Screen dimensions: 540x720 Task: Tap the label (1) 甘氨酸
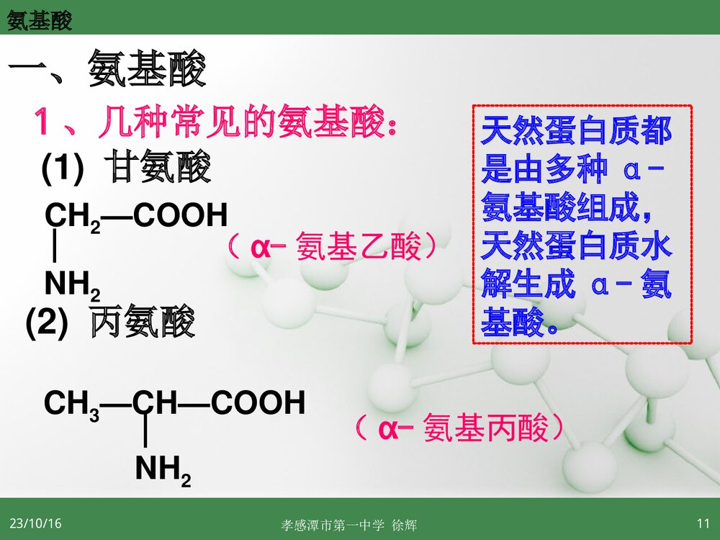point(126,168)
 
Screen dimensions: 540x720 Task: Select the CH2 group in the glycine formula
point(73,216)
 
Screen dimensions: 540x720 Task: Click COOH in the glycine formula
point(180,215)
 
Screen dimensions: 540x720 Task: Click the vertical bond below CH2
point(55,249)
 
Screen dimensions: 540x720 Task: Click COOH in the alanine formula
point(258,402)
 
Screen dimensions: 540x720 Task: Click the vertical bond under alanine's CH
point(146,435)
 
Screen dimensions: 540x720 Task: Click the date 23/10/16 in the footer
point(35,523)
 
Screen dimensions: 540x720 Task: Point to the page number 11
point(703,523)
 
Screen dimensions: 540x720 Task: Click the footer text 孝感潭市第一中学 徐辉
point(349,526)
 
